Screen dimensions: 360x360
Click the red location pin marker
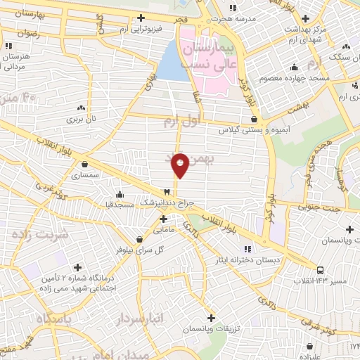[181, 165]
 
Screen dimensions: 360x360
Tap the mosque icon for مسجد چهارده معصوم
[294, 67]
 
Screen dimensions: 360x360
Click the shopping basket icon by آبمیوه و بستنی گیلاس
[252, 120]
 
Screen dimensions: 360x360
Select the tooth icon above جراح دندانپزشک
[167, 192]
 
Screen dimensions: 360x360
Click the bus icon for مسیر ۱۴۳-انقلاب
[320, 270]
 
